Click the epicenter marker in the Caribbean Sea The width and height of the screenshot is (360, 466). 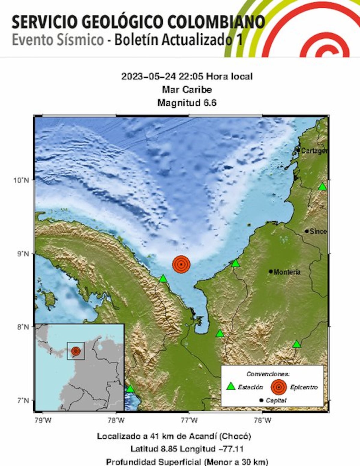coord(181,264)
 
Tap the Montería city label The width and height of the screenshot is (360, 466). coord(287,272)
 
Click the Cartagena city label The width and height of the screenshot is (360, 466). coord(314,151)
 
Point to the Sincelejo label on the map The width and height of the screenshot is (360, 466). coord(318,231)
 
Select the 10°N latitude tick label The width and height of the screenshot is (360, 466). coord(21,180)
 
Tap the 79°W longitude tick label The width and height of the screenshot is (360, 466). coord(43,420)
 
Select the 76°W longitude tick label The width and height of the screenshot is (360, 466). coord(262,420)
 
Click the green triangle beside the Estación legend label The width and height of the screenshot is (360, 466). coord(231,387)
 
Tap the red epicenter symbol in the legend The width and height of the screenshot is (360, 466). coord(279,387)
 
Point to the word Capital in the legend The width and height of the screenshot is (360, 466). coord(276,400)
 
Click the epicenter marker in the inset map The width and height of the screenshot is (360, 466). coord(76,351)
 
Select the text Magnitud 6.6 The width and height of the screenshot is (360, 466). coord(187,103)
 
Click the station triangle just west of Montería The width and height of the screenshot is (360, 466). coord(235,263)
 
